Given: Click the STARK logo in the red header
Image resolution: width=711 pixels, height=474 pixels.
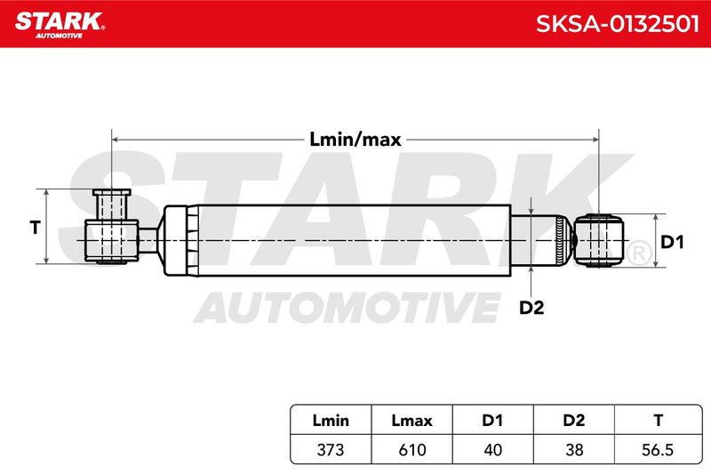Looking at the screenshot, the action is pyautogui.click(x=60, y=25).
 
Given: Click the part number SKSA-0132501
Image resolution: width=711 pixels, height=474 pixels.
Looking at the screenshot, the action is pyautogui.click(x=617, y=24).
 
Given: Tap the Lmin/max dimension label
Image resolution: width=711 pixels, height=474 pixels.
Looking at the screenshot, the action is pyautogui.click(x=355, y=140).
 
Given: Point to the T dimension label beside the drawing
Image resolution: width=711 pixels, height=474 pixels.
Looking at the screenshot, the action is pyautogui.click(x=35, y=227).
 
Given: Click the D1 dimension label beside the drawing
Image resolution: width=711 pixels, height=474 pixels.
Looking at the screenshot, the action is pyautogui.click(x=672, y=242).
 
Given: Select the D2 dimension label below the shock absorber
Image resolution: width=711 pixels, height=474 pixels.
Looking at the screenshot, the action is pyautogui.click(x=531, y=308).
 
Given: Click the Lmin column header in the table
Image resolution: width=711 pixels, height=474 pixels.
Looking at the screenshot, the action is pyautogui.click(x=331, y=421).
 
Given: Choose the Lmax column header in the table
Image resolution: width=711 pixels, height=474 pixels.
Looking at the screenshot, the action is pyautogui.click(x=411, y=421).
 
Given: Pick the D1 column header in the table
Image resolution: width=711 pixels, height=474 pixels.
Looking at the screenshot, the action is pyautogui.click(x=492, y=421).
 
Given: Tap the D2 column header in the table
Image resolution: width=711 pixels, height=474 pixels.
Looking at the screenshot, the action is pyautogui.click(x=573, y=421).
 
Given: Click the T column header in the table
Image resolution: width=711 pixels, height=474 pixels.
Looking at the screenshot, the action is pyautogui.click(x=658, y=421).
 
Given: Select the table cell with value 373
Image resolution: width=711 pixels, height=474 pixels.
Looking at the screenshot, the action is pyautogui.click(x=331, y=449).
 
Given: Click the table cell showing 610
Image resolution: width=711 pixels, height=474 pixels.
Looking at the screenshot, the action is pyautogui.click(x=411, y=449).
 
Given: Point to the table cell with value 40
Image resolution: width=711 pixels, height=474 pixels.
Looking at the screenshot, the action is pyautogui.click(x=492, y=449).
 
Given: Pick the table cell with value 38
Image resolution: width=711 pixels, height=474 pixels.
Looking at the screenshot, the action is pyautogui.click(x=573, y=449).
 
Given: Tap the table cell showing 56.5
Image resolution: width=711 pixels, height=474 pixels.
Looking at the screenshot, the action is pyautogui.click(x=658, y=449).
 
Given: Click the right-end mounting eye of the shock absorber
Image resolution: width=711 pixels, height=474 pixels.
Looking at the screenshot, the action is pyautogui.click(x=598, y=240).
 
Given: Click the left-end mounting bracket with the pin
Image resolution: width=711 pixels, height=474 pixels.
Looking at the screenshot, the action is pyautogui.click(x=112, y=227).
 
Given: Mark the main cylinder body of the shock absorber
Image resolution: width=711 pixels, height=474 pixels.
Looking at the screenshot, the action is pyautogui.click(x=337, y=240).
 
